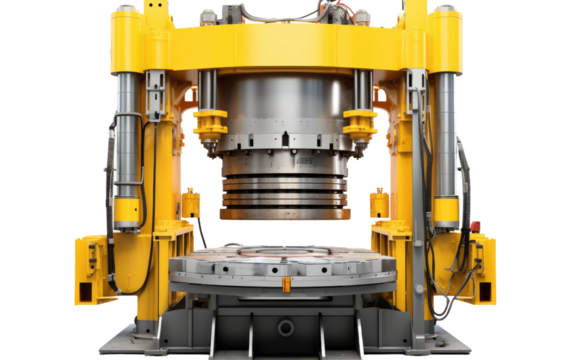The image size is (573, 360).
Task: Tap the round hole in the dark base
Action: click(x=287, y=327)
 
